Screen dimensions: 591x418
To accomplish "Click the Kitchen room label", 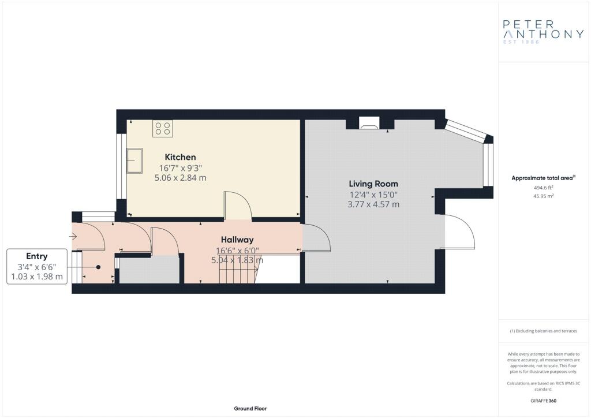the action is (x=180, y=157).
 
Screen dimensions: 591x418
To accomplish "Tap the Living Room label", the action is (x=373, y=184).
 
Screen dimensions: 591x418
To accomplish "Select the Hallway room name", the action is (x=237, y=240).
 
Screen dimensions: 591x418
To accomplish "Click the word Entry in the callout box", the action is (x=36, y=256).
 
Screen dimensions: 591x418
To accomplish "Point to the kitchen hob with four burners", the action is (x=162, y=129).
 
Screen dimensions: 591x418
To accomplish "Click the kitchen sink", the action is (x=134, y=161).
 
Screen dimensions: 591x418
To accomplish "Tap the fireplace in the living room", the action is (x=369, y=123).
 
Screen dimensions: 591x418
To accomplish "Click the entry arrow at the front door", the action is (x=73, y=236).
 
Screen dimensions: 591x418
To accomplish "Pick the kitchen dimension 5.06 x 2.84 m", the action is (x=180, y=178).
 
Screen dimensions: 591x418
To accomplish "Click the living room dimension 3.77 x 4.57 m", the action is (x=373, y=204).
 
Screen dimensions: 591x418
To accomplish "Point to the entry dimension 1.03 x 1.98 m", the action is (x=37, y=277).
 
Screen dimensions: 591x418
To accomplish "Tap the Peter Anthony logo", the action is (x=543, y=32).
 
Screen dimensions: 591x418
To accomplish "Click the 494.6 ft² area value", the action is (x=543, y=188).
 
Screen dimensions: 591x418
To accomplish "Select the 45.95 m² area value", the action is (x=543, y=196).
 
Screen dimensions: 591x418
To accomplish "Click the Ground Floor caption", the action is (x=250, y=409).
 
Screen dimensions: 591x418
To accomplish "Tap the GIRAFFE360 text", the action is (x=543, y=401).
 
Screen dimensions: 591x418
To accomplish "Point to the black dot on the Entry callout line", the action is (x=98, y=267).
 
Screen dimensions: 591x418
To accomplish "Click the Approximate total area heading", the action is (x=543, y=178).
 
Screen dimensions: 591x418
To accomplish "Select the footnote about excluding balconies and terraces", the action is (x=543, y=331).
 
